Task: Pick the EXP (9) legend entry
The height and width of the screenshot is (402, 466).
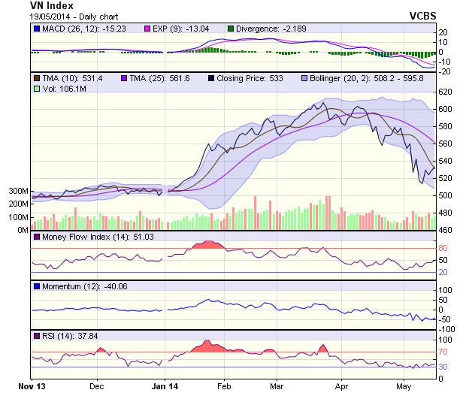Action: click(192, 29)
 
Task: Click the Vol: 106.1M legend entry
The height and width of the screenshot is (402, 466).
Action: click(59, 89)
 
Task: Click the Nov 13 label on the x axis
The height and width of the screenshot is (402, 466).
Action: click(32, 387)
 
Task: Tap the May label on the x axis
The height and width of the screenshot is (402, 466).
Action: click(404, 387)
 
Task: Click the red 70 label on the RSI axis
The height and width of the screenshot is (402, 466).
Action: click(444, 352)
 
